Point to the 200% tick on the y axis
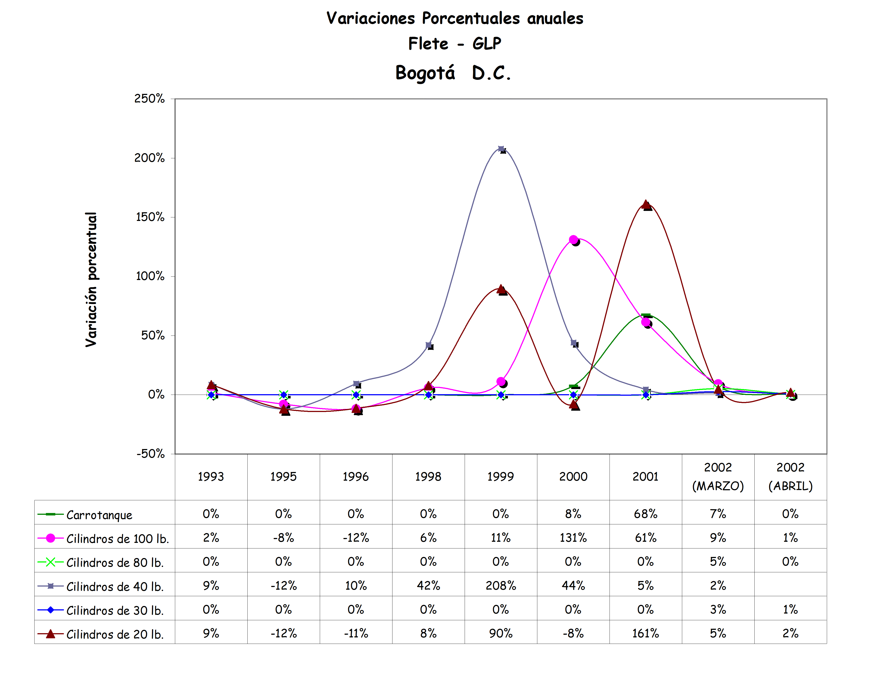click(149, 158)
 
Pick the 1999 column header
click(500, 476)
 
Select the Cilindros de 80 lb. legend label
click(115, 562)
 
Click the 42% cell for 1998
click(428, 585)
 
